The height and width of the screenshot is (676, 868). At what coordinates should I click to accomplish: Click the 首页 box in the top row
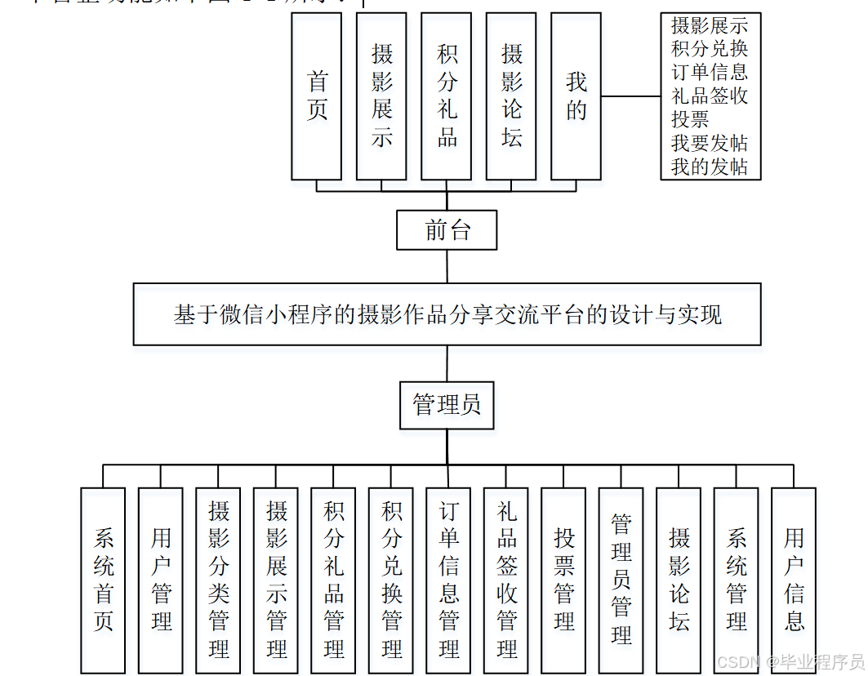coord(317,96)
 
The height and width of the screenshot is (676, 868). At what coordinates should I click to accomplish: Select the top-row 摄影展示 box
coord(381,96)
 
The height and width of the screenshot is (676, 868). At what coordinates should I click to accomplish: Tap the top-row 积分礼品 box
coord(447,96)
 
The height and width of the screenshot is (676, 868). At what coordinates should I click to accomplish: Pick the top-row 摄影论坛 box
coord(511,96)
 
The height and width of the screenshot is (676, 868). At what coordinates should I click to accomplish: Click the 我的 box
coord(576,96)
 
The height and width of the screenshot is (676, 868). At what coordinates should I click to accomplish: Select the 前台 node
coord(447,230)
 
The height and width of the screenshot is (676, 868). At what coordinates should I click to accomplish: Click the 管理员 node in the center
coord(447,405)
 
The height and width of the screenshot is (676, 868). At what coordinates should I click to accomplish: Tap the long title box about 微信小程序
coord(447,315)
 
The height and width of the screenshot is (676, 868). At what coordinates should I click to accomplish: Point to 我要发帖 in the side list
coord(709,143)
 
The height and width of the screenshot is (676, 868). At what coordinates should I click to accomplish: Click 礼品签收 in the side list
coord(709,96)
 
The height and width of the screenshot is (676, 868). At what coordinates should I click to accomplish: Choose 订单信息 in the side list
coord(709,72)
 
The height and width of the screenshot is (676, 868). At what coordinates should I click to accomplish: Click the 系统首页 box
coord(103,580)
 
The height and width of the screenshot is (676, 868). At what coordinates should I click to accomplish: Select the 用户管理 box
coord(161,580)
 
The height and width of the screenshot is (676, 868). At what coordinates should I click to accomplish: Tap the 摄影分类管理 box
coord(218,580)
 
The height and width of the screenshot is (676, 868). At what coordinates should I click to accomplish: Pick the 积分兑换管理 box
coord(391,580)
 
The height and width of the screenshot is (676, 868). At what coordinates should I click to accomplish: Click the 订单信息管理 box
coord(448,580)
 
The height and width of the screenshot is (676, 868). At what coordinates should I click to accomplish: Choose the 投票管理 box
coord(563,580)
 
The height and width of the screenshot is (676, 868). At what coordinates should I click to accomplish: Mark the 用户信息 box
coord(794,580)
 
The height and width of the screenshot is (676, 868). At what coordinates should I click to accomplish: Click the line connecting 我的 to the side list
coord(630,96)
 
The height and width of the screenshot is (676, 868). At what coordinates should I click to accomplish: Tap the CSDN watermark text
coord(789,661)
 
